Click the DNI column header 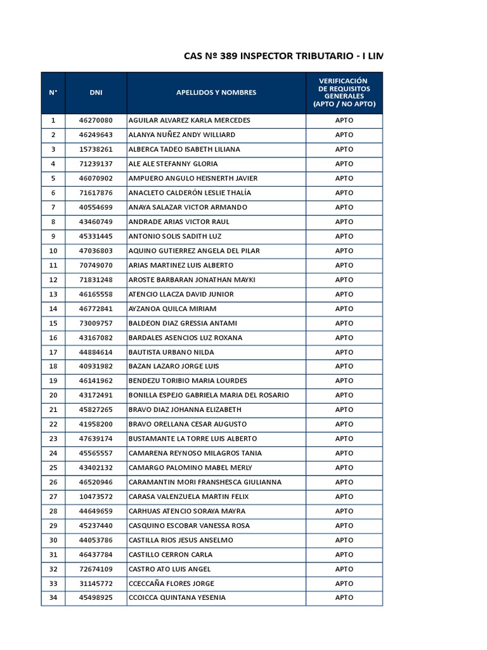96,93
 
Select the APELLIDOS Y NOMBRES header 216,93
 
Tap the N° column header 53,93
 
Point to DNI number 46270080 96,120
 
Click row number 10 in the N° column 53,251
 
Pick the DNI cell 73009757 96,323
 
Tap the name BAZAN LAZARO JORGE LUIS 174,366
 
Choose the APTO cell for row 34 344,597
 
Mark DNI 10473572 96,496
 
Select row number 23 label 53,439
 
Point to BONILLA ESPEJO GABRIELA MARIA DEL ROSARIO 209,395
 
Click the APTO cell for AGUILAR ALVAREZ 344,120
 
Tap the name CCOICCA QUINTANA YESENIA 177,597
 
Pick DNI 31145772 96,583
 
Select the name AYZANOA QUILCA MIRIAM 172,308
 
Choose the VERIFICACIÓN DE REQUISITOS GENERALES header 344,93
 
